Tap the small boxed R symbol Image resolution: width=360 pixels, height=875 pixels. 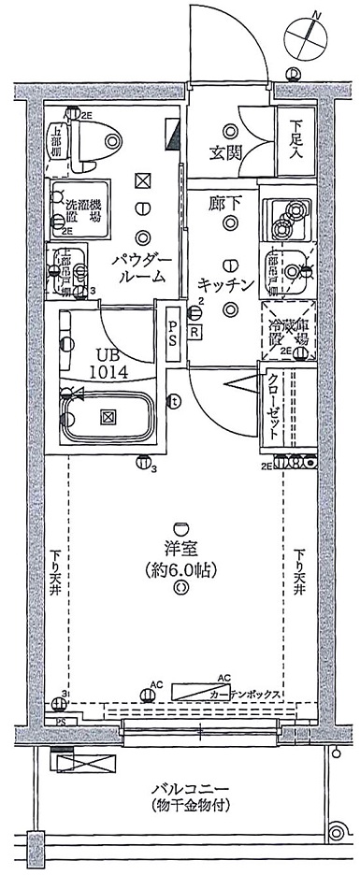click(194, 331)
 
